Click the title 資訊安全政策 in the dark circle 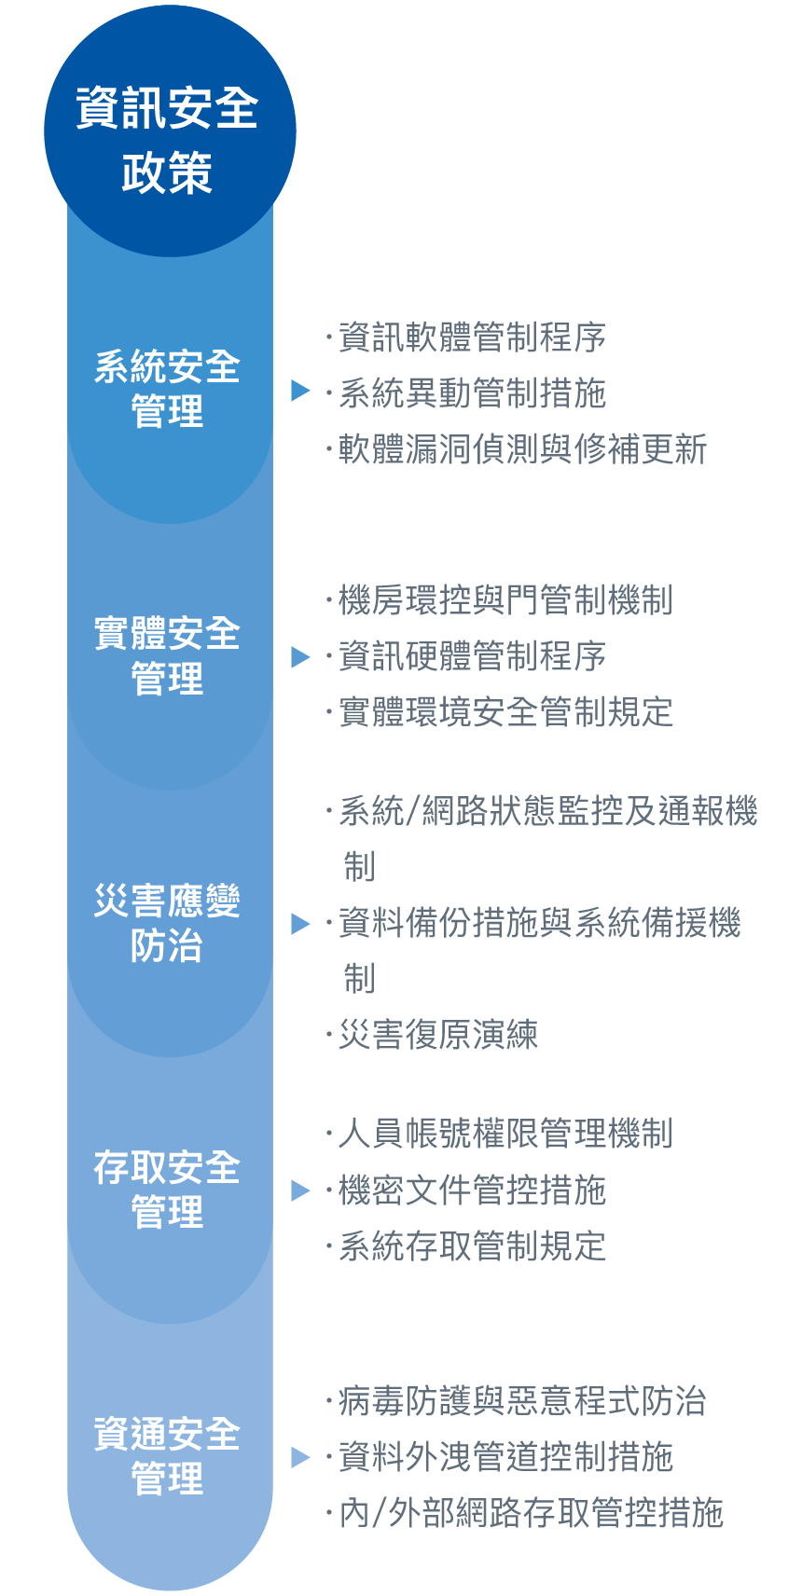167,141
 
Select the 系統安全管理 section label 167,389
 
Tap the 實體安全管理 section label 167,655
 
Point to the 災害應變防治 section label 167,923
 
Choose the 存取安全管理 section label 167,1190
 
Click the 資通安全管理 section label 167,1456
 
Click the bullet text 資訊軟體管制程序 472,337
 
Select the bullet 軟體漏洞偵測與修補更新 522,449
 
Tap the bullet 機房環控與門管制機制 505,599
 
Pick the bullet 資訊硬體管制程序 472,655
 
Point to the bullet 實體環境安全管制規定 505,712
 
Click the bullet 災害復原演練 438,1035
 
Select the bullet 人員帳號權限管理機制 505,1134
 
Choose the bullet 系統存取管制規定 472,1246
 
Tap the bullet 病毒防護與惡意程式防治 522,1401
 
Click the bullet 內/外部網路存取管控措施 532,1513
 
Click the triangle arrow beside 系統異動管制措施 300,391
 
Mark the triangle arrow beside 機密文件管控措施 300,1190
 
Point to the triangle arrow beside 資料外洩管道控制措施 300,1458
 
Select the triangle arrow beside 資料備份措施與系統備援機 300,924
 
